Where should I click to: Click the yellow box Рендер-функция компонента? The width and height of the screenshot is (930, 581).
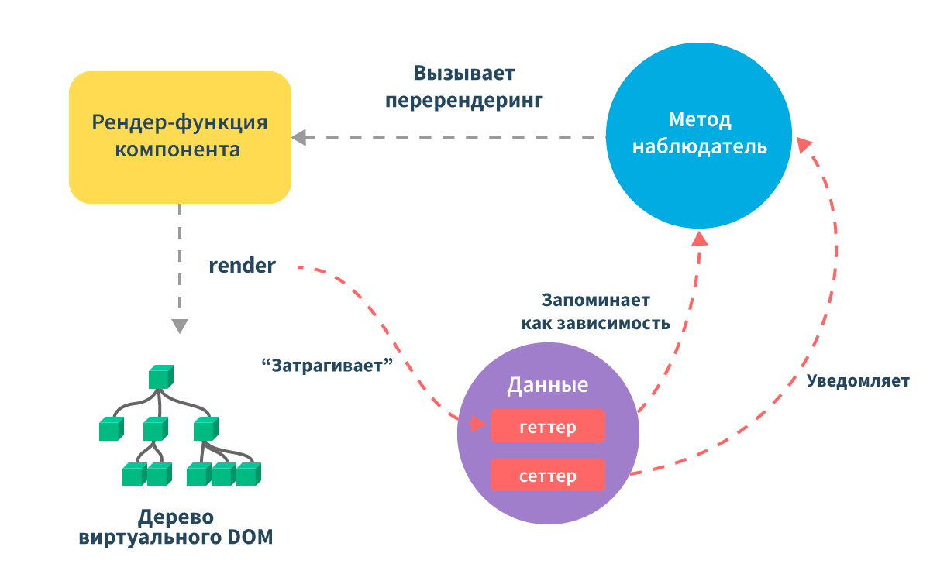point(180,137)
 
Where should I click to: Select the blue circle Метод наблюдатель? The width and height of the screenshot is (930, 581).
point(699,136)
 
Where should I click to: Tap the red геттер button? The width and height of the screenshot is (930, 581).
point(548,426)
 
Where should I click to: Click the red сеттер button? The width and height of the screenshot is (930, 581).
point(548,475)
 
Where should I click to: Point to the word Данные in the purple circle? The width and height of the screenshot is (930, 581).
point(548,385)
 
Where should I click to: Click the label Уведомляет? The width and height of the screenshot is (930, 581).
point(858,381)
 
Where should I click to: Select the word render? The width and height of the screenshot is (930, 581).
point(242,266)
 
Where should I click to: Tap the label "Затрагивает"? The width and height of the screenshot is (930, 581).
point(327,366)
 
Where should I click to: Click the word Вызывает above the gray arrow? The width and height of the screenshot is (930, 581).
point(464,74)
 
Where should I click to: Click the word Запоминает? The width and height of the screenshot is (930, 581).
point(596,300)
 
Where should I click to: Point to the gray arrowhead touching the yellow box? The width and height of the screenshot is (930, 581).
point(299,137)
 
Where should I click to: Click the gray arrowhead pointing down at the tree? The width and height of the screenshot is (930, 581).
point(180,326)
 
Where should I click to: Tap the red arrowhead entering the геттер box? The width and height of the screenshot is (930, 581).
point(477,424)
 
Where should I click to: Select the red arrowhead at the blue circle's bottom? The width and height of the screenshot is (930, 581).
point(700,239)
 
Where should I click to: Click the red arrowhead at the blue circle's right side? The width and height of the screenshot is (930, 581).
point(804,144)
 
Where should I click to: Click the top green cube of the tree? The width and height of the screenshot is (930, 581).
point(161,376)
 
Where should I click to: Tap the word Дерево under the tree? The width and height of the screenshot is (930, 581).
point(176,517)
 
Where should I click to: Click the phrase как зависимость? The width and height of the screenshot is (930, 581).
point(596,324)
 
